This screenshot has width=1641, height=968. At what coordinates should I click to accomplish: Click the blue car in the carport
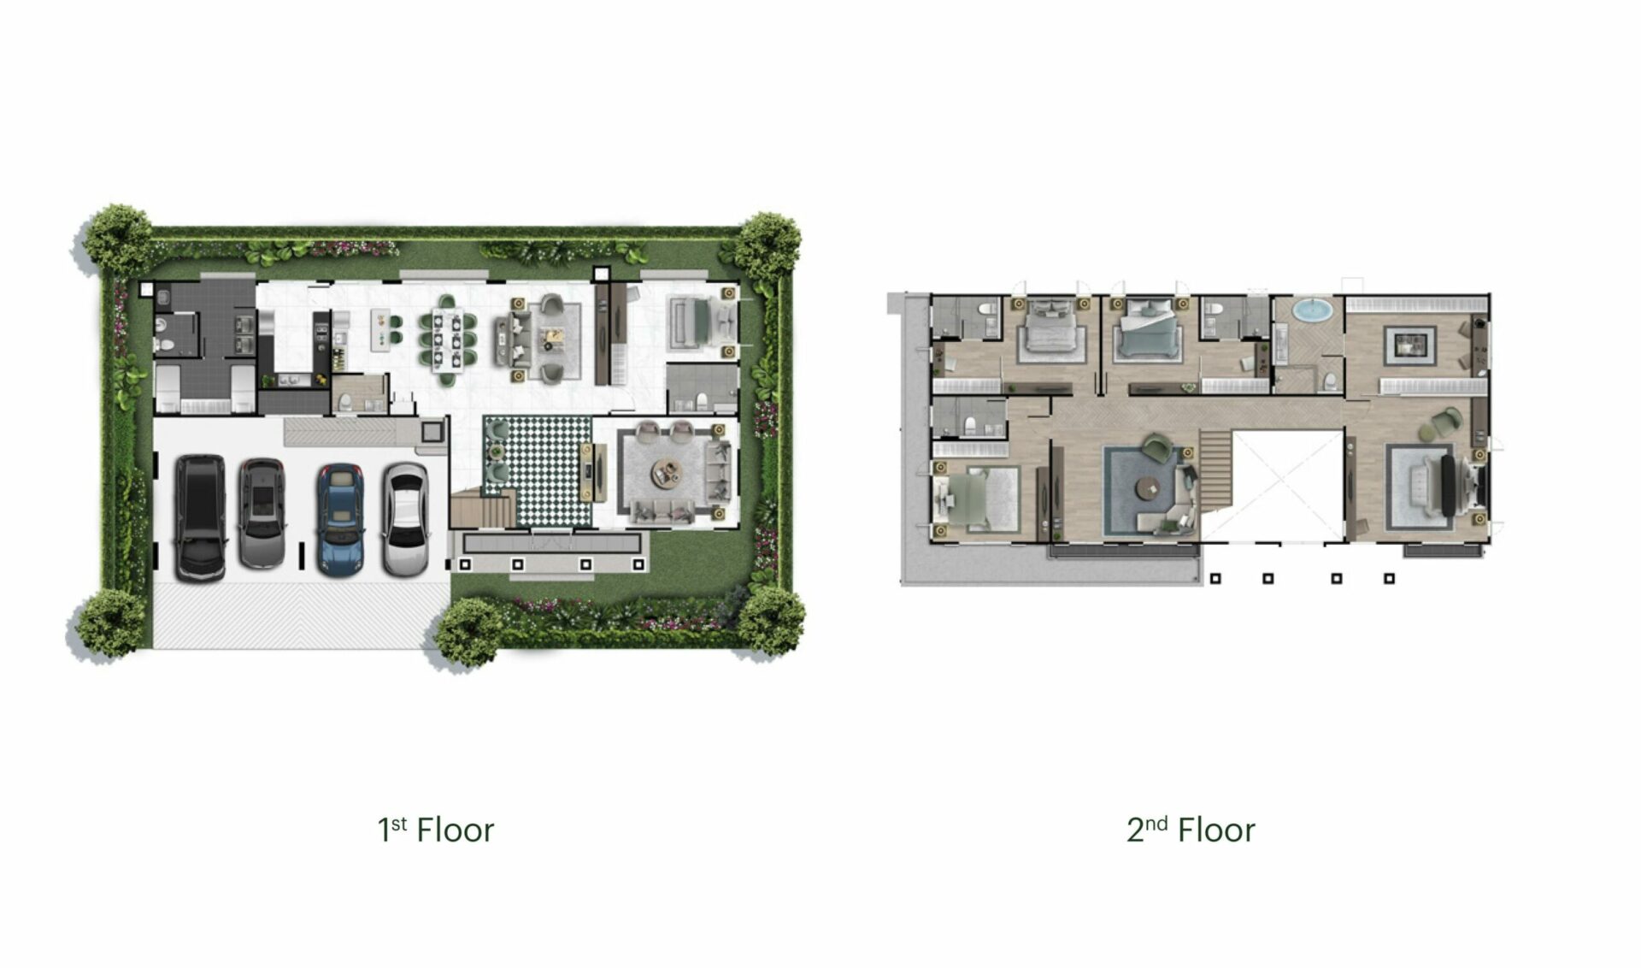coord(340,518)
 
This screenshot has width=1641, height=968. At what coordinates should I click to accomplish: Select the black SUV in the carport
coord(201,518)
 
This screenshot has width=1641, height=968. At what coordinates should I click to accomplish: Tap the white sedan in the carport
coord(405,519)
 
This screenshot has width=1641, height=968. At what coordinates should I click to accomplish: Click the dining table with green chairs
coord(446,339)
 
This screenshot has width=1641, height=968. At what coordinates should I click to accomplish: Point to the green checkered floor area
coord(538,471)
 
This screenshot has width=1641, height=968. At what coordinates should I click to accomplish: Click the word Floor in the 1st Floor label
coord(455,830)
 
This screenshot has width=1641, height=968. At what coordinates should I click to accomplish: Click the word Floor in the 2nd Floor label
coord(1216,830)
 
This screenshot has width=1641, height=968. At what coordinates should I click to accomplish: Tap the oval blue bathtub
coord(1311,310)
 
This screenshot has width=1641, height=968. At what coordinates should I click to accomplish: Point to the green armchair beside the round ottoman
coord(1448,420)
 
